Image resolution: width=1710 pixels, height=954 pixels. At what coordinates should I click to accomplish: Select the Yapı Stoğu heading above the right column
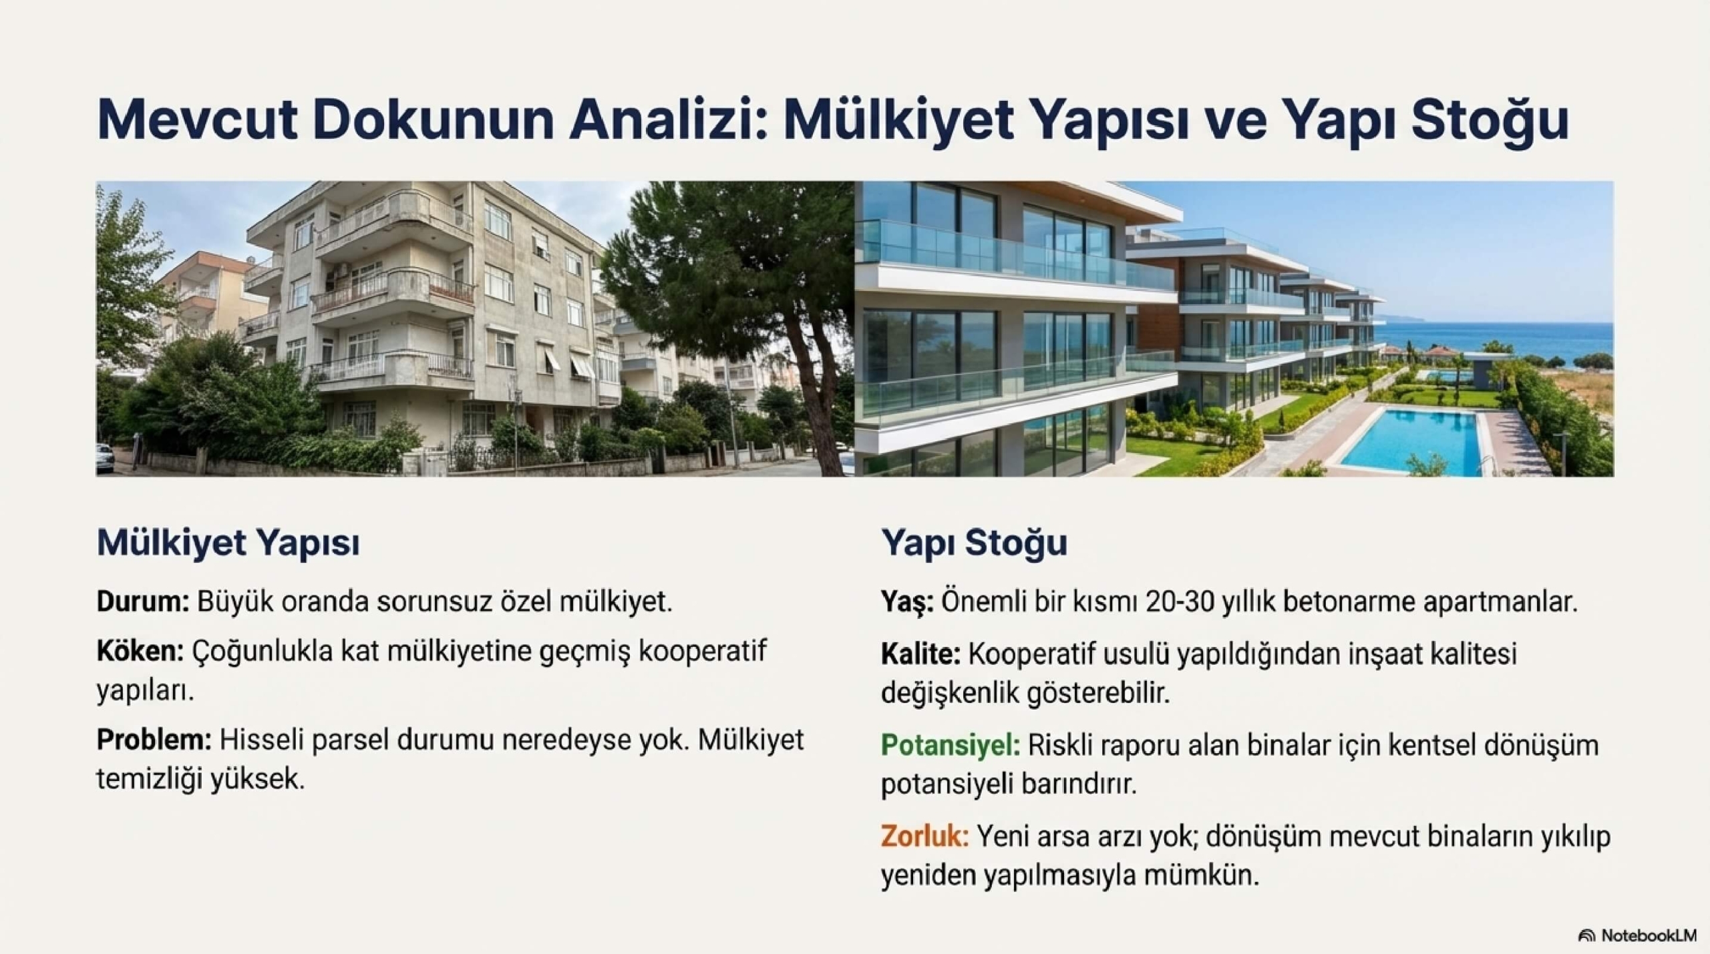click(x=974, y=543)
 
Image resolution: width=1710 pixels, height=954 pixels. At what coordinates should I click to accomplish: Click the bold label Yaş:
click(x=908, y=603)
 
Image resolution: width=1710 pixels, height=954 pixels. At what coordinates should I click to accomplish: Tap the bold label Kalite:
click(x=920, y=654)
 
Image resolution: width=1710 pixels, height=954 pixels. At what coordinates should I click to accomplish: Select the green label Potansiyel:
click(x=951, y=745)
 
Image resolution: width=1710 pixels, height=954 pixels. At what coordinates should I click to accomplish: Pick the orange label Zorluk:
click(x=925, y=836)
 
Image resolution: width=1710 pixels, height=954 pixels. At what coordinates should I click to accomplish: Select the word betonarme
click(x=1347, y=603)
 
